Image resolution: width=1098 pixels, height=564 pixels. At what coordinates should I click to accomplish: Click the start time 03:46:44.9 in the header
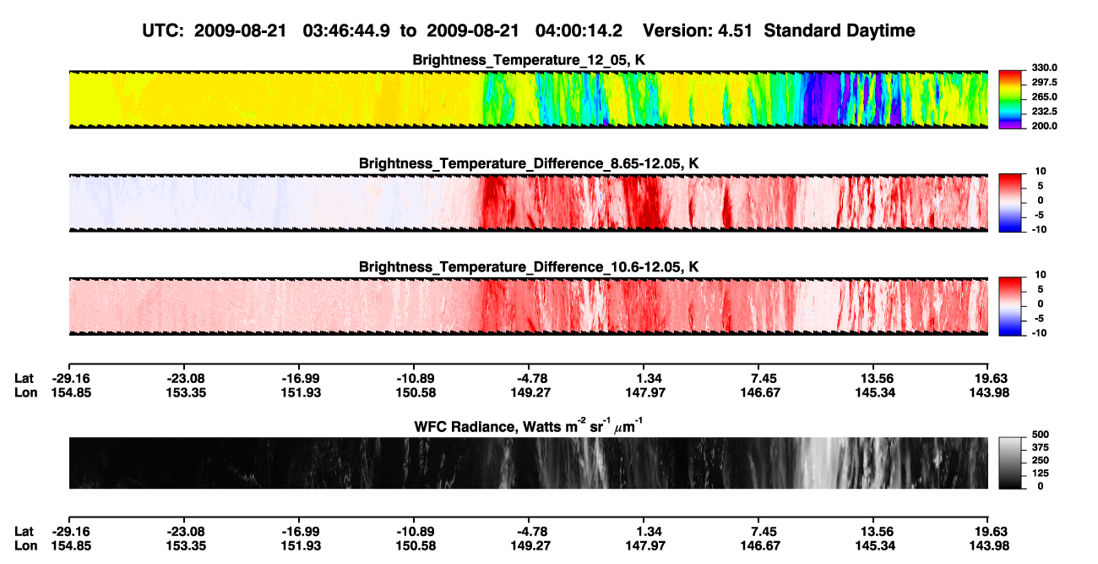[346, 31]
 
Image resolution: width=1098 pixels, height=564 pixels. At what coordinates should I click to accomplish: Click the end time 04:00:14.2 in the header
[579, 31]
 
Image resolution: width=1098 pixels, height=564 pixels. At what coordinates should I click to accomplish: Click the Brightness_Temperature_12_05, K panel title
[529, 60]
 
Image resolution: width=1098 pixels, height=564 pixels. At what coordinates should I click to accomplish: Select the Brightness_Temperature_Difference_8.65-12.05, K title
[529, 163]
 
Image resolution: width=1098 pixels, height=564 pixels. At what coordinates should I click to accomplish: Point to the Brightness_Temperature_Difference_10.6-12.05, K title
[529, 267]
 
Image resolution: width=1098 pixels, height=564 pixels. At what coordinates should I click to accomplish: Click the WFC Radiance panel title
[529, 426]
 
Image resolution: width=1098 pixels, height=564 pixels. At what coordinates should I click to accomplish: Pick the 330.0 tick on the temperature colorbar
[1044, 68]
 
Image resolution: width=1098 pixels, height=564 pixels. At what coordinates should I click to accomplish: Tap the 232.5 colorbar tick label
[1044, 112]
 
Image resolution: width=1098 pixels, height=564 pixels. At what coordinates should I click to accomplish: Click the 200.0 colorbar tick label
[1044, 126]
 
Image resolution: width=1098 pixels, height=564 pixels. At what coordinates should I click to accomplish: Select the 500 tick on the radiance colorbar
[1040, 435]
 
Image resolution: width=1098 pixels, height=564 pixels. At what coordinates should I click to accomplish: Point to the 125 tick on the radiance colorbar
[1040, 474]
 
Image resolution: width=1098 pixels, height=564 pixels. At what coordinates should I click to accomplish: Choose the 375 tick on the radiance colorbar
[1040, 447]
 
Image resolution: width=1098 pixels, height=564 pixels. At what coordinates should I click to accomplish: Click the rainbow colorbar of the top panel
[1010, 100]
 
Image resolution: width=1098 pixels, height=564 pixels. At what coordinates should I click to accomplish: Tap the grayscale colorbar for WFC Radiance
[1010, 463]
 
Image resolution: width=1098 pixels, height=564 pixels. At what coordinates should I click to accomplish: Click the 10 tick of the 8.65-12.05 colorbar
[1041, 172]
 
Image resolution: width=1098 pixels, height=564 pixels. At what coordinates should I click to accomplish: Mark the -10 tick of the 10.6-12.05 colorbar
[1039, 333]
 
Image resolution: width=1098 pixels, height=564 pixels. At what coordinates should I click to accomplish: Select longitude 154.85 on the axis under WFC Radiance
[71, 546]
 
